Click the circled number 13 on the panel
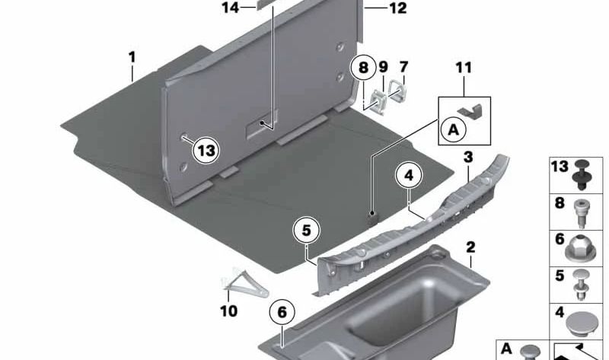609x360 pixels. pyautogui.click(x=206, y=151)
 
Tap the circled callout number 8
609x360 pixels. pyautogui.click(x=363, y=68)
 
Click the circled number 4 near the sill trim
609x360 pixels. pyautogui.click(x=409, y=177)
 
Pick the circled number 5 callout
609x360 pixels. pyautogui.click(x=306, y=228)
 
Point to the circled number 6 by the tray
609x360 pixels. pyautogui.click(x=282, y=311)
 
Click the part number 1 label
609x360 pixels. pyautogui.click(x=132, y=57)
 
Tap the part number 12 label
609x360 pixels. pyautogui.click(x=397, y=9)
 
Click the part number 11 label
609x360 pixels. pyautogui.click(x=464, y=68)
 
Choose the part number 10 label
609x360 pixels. pyautogui.click(x=228, y=311)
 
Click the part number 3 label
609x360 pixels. pyautogui.click(x=468, y=157)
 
